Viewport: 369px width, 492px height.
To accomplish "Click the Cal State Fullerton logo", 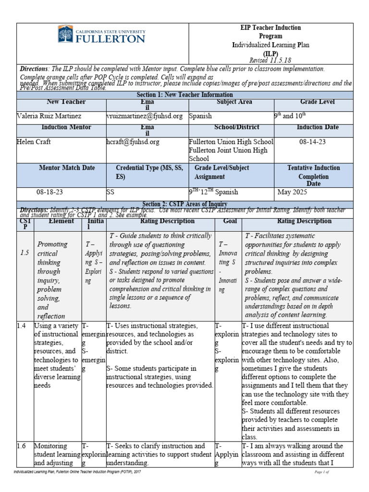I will click(x=101, y=35).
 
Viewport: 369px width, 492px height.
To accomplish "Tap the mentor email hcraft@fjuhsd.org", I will click(x=133, y=142).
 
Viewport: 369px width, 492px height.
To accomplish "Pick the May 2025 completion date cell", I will click(x=295, y=192).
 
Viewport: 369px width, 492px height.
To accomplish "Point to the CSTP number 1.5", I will click(x=25, y=253).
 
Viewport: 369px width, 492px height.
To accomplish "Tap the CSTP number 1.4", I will click(x=22, y=326).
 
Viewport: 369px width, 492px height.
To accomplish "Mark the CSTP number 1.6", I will click(x=22, y=446).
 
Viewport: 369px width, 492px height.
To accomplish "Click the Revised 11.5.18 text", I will click(x=271, y=61).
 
